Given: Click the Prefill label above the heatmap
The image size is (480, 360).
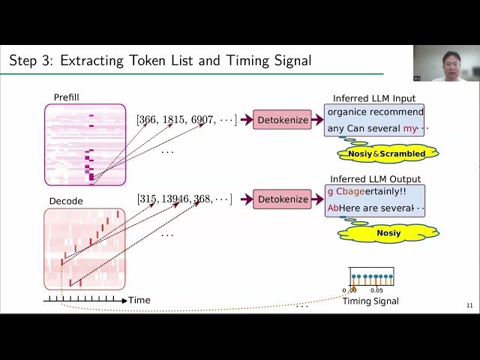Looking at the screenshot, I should (x=67, y=97).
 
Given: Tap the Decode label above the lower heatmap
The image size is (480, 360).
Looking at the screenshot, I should (x=65, y=202).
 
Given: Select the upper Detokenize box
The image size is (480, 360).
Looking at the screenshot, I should (x=282, y=119).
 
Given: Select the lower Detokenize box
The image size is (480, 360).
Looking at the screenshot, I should (x=282, y=199).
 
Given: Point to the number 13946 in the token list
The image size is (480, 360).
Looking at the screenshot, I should (x=175, y=199).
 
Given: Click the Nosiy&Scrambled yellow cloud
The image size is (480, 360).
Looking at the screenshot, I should (x=386, y=154).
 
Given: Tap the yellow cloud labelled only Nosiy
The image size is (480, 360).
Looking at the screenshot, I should (x=388, y=232).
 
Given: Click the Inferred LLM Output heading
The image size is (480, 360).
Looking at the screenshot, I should (x=376, y=179).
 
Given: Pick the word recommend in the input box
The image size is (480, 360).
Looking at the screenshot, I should (x=396, y=112).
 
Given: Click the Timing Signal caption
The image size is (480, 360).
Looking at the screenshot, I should (x=370, y=301).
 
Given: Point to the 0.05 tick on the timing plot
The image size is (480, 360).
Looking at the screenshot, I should (x=376, y=290).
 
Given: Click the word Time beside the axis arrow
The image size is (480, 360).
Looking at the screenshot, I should (x=139, y=300).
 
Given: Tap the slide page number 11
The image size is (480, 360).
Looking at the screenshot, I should (x=469, y=305).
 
